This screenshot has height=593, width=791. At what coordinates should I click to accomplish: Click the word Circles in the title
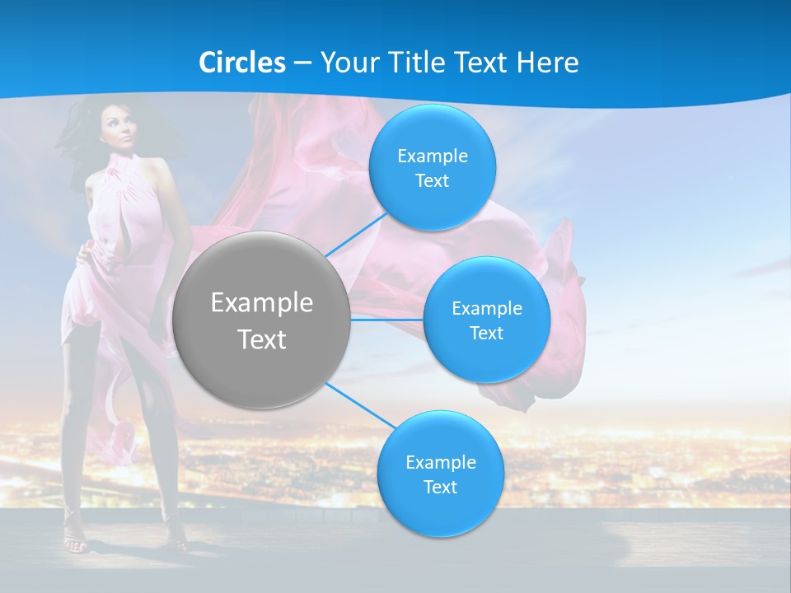pyautogui.click(x=242, y=63)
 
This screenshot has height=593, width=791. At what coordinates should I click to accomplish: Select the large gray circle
pyautogui.click(x=261, y=320)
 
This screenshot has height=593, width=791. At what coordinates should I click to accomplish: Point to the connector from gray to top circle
pyautogui.click(x=356, y=235)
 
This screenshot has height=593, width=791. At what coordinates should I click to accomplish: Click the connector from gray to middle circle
pyautogui.click(x=386, y=320)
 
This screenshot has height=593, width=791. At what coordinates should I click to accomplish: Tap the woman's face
pyautogui.click(x=121, y=132)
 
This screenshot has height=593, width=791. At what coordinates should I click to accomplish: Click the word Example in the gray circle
pyautogui.click(x=261, y=303)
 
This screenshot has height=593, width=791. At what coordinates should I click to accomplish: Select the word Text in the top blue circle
pyautogui.click(x=432, y=181)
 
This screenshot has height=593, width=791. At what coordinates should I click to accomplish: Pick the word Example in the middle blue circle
pyautogui.click(x=486, y=309)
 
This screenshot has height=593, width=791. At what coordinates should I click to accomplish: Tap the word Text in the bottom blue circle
pyautogui.click(x=440, y=488)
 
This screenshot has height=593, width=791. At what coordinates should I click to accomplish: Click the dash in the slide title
pyautogui.click(x=302, y=63)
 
